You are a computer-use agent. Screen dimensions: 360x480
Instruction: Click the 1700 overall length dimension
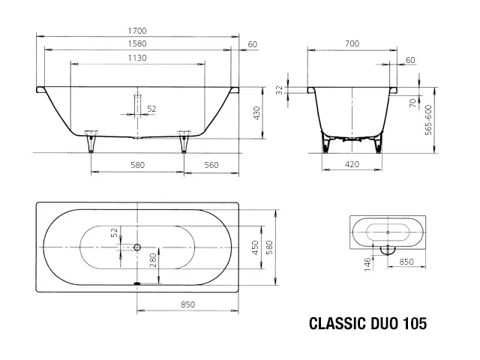pyautogui.click(x=136, y=31)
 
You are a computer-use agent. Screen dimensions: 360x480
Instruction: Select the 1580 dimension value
pyautogui.click(x=136, y=44)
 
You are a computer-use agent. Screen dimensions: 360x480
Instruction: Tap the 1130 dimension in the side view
pyautogui.click(x=136, y=58)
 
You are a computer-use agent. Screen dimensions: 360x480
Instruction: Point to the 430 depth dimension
pyautogui.click(x=256, y=113)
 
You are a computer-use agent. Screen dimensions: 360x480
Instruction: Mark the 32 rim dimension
pyautogui.click(x=279, y=91)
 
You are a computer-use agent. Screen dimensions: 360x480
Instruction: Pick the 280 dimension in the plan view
pyautogui.click(x=153, y=262)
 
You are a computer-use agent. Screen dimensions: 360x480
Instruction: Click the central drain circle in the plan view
pyautogui.click(x=137, y=247)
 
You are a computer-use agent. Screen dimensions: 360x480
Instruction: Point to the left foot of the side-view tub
pyautogui.click(x=91, y=138)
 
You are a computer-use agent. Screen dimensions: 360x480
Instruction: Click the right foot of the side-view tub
pyautogui.click(x=182, y=138)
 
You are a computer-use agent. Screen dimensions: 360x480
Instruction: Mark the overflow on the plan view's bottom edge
pyautogui.click(x=137, y=283)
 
